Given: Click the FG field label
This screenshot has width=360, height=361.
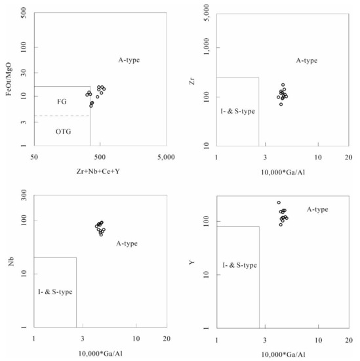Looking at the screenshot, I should tap(62, 102).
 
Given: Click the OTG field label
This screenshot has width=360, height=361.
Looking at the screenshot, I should tap(63, 131).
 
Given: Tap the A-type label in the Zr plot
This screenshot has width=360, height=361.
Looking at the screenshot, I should tap(306, 60).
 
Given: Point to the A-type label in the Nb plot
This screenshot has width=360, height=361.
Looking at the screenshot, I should tap(127, 244).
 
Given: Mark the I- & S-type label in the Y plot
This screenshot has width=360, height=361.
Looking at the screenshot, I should tap(239, 265).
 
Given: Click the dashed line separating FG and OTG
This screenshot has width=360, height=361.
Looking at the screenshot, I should tap(62, 116).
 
